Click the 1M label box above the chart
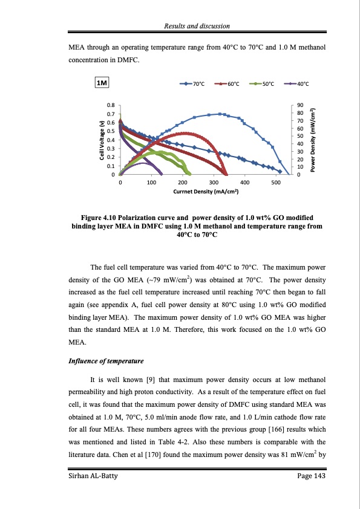[x=101, y=83]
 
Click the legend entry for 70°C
[x=195, y=84]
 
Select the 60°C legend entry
[x=230, y=84]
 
